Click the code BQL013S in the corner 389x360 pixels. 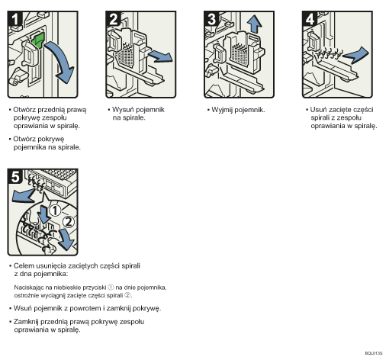(371, 353)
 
